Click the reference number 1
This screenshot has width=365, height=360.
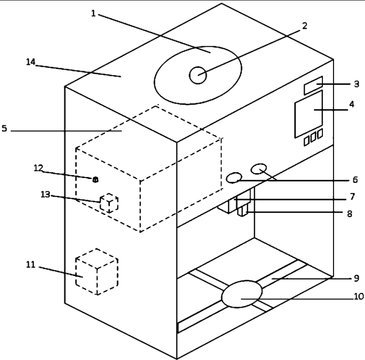(x=93, y=13)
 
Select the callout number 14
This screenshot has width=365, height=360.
(x=31, y=62)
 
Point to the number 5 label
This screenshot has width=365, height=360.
(x=4, y=129)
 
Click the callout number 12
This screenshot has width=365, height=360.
(x=38, y=168)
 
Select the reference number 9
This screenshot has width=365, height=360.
(x=356, y=278)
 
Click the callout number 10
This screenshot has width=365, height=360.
(x=359, y=296)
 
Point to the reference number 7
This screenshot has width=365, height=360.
(x=352, y=196)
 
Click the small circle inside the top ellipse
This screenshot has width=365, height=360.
(x=198, y=75)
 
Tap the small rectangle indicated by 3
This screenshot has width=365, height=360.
(x=313, y=85)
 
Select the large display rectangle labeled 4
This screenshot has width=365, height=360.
(x=308, y=114)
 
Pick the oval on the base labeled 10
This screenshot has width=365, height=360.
(x=242, y=294)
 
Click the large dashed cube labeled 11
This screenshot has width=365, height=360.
(x=97, y=271)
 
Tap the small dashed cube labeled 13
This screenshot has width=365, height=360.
(x=109, y=203)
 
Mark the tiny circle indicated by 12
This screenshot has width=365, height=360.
(x=95, y=180)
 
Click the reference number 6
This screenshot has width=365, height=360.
(x=355, y=180)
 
